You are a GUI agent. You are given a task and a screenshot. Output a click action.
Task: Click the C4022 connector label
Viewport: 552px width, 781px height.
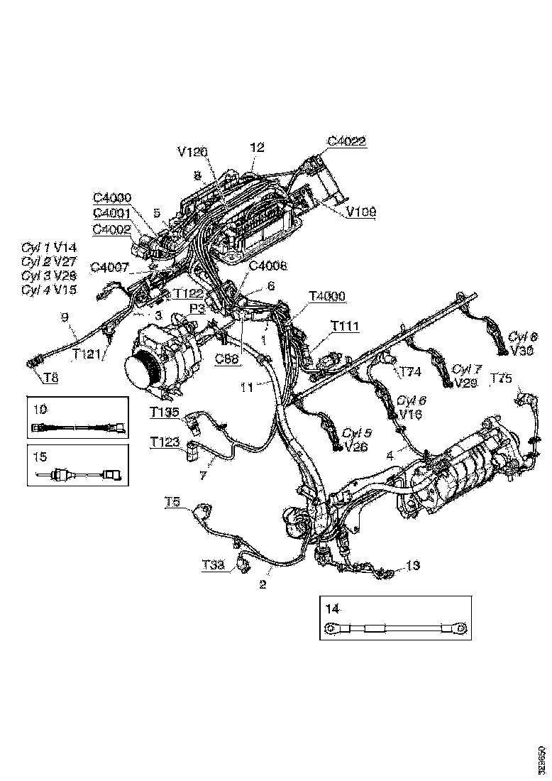pyautogui.click(x=346, y=141)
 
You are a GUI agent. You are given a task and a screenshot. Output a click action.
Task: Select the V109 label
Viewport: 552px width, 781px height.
pyautogui.click(x=361, y=211)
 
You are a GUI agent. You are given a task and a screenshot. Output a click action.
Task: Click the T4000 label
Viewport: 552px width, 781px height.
pyautogui.click(x=328, y=295)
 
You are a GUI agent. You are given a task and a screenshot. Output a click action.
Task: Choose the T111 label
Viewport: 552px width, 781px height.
pyautogui.click(x=345, y=326)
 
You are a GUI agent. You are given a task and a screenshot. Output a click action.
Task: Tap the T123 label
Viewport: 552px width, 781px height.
pyautogui.click(x=164, y=441)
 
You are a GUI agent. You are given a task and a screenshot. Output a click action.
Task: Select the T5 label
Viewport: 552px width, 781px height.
pyautogui.click(x=173, y=501)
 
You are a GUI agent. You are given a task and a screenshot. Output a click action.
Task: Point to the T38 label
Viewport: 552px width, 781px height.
pyautogui.click(x=213, y=564)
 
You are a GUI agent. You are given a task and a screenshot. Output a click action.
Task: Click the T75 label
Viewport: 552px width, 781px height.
pyautogui.click(x=501, y=378)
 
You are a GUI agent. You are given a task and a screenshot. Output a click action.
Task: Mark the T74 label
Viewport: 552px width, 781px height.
pyautogui.click(x=411, y=371)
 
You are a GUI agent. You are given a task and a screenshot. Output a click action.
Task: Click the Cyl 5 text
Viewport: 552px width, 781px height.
pyautogui.click(x=354, y=432)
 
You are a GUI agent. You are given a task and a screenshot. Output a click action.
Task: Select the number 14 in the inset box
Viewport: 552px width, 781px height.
pyautogui.click(x=332, y=608)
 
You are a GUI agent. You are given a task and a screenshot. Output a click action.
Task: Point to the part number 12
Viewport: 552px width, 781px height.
pyautogui.click(x=257, y=147)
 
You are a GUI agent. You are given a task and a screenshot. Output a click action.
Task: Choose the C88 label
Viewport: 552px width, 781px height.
pyautogui.click(x=227, y=359)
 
